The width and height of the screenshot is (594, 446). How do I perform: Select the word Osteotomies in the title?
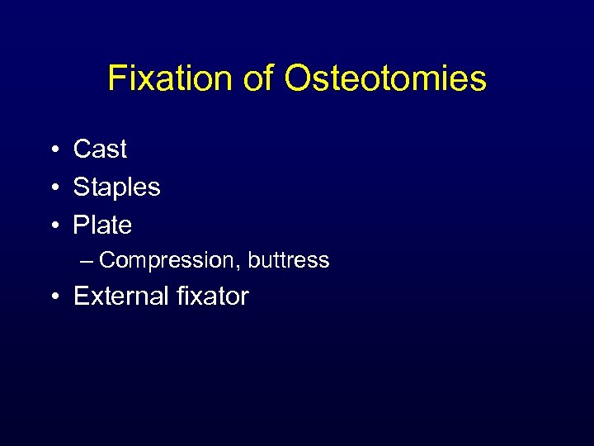385,79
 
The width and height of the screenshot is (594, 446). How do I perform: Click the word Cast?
100,149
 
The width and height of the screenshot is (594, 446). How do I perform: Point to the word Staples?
116,187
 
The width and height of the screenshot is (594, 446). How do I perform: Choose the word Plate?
102,225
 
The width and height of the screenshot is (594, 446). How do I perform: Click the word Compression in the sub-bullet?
170,260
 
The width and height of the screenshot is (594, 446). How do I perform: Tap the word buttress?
288,260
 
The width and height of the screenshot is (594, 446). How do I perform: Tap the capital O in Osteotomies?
297,79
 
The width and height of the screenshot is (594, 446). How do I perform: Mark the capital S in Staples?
82,187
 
